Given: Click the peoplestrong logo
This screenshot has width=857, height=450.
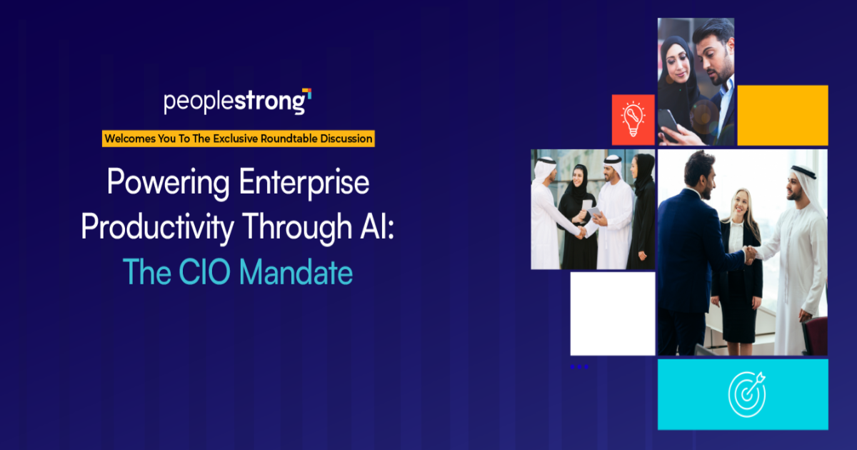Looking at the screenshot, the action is click(238, 101).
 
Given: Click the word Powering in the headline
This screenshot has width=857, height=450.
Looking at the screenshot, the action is click(169, 183).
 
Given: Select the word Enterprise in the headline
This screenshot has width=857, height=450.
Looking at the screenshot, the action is click(304, 183).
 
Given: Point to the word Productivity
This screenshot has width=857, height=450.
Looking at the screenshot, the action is click(158, 227).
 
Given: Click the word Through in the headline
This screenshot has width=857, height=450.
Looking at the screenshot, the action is click(297, 227).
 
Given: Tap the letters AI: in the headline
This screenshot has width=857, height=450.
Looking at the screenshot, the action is click(377, 227).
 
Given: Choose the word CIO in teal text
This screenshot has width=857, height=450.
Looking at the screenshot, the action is click(205, 272).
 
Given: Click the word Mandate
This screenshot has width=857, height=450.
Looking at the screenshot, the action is click(296, 272).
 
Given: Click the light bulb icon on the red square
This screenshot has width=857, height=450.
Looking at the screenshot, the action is click(633, 119).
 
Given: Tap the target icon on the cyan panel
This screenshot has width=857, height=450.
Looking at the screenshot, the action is click(747, 394).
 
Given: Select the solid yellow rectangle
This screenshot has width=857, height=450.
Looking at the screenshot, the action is click(783, 115).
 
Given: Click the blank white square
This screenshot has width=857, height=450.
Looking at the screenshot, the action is click(613, 314).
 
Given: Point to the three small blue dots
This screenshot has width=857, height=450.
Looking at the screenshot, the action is click(579, 366).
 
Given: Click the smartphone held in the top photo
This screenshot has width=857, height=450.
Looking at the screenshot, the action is click(668, 121).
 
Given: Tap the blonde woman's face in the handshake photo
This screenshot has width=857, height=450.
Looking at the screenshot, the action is click(741, 205).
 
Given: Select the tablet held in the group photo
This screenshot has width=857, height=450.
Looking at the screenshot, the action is click(594, 212).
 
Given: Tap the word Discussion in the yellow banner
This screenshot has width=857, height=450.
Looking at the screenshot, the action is click(346, 139).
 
